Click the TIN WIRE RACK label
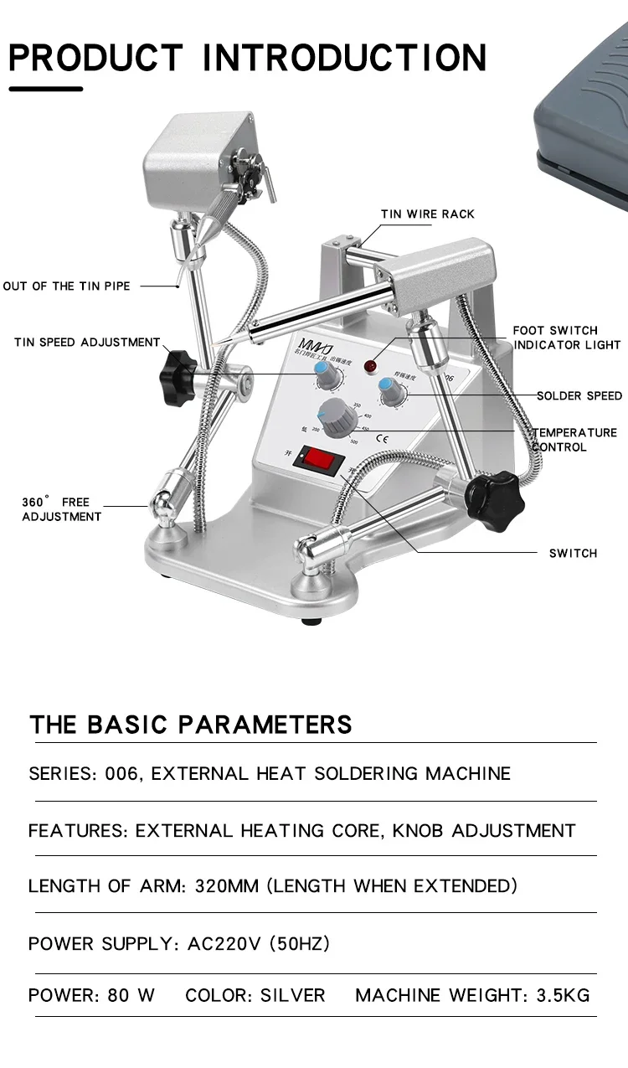[428, 214]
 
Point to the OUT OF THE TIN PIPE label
[67, 286]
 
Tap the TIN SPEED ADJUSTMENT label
[86, 343]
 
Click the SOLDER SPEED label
[579, 395]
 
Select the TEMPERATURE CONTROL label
[575, 440]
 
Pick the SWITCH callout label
[573, 554]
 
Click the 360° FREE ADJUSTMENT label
[60, 509]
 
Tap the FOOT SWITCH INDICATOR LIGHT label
[567, 338]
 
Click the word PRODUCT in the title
[95, 58]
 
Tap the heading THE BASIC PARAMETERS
[191, 725]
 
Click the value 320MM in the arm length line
[226, 886]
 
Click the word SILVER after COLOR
[292, 995]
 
